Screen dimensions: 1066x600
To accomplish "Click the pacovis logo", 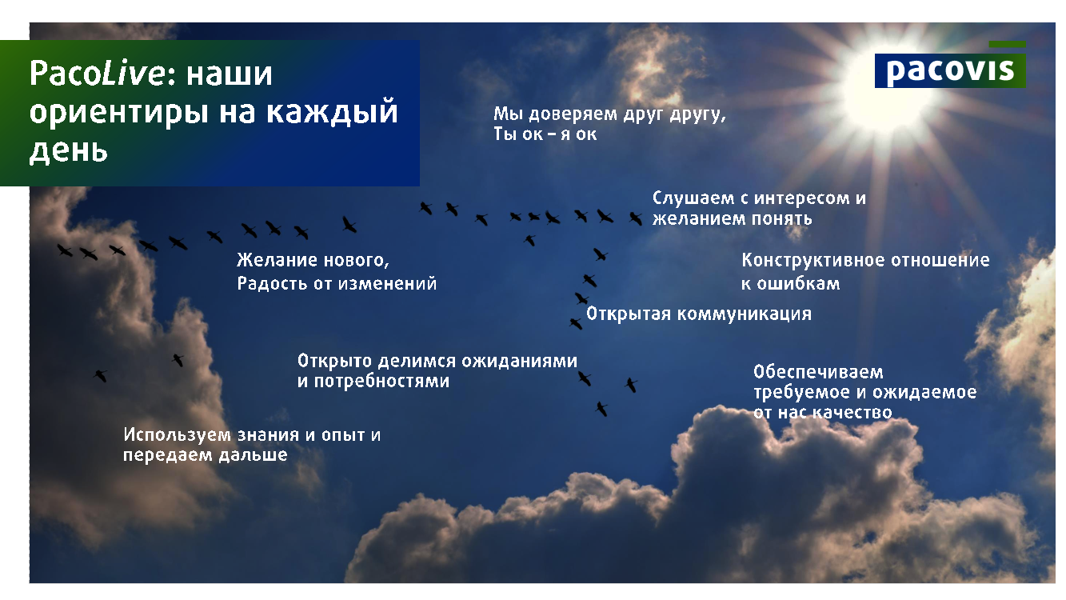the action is coord(950,70).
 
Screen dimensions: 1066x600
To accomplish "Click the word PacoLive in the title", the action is coord(98,74).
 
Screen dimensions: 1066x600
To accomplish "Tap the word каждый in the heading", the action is coord(332,112).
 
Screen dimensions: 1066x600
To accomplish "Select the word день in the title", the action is coord(69,150).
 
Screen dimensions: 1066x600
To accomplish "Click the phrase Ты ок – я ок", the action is coord(545,134).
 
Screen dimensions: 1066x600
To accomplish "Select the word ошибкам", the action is coord(799,284).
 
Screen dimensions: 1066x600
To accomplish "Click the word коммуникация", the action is coord(745,314).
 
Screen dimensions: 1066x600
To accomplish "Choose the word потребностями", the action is coord(381,382).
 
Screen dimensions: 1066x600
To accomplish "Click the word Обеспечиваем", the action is coord(819,372).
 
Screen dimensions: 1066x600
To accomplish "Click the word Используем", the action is coord(178,434).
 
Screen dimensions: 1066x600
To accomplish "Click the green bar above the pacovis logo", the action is coord(1008,44).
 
